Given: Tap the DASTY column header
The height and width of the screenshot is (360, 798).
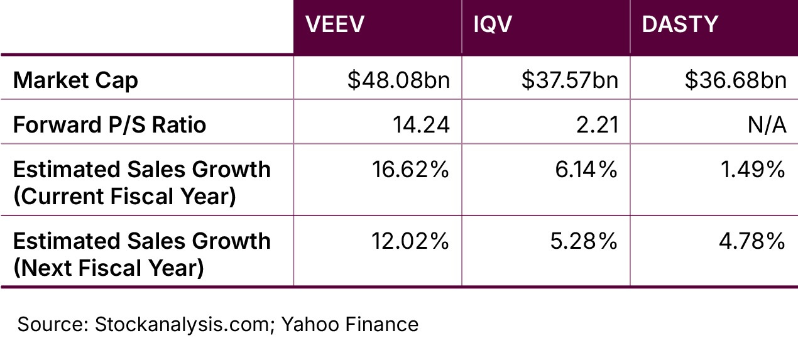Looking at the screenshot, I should [x=680, y=25].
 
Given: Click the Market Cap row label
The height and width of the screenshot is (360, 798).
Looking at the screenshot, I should [x=75, y=80].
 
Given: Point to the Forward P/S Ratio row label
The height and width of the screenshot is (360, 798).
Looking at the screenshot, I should [x=109, y=124].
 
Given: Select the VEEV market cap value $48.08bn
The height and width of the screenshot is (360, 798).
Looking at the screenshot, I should [x=398, y=80].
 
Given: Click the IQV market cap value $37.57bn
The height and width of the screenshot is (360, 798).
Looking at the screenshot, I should [x=570, y=80].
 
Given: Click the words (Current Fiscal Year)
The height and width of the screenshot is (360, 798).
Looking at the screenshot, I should [x=124, y=197].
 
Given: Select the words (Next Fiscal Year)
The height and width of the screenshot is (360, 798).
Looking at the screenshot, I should [x=108, y=268].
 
